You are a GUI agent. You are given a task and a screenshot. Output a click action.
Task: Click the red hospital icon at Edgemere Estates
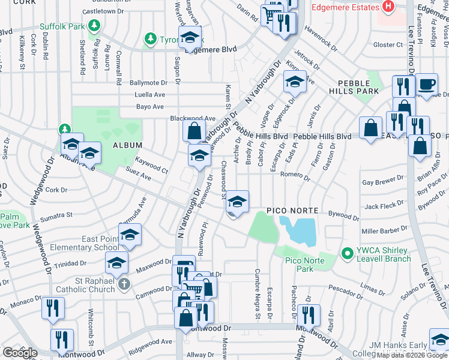(388, 7)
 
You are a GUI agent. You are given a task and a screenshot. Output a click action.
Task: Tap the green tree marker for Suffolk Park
(94, 26)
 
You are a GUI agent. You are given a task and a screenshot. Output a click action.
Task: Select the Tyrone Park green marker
(149, 40)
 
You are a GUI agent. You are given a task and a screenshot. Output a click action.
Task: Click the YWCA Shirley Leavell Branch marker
(346, 254)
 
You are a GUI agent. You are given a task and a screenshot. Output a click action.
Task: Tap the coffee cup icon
(427, 85)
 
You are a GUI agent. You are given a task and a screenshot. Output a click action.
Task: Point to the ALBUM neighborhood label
(127, 145)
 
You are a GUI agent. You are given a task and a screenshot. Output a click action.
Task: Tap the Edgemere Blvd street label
(211, 50)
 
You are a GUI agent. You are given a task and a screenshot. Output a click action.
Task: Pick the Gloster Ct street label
(387, 45)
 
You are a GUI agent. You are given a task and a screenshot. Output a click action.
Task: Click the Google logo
(20, 353)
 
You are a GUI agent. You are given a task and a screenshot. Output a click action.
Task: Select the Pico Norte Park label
(300, 264)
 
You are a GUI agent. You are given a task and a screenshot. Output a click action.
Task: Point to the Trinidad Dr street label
(70, 264)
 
